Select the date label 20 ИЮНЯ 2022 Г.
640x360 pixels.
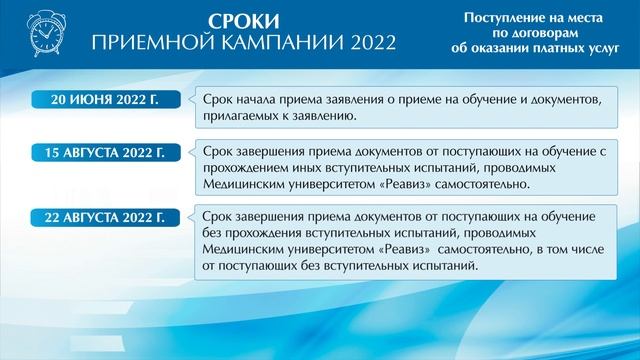(105, 100)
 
